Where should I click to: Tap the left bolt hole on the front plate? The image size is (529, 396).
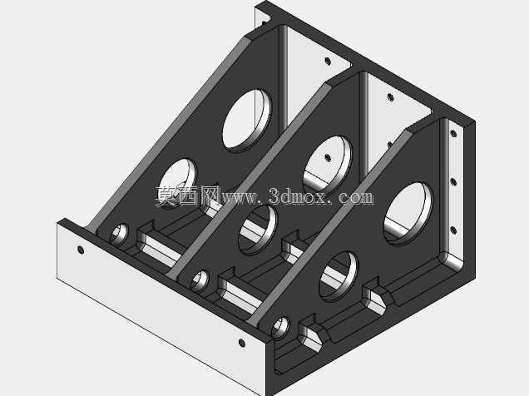pos(81,250)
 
